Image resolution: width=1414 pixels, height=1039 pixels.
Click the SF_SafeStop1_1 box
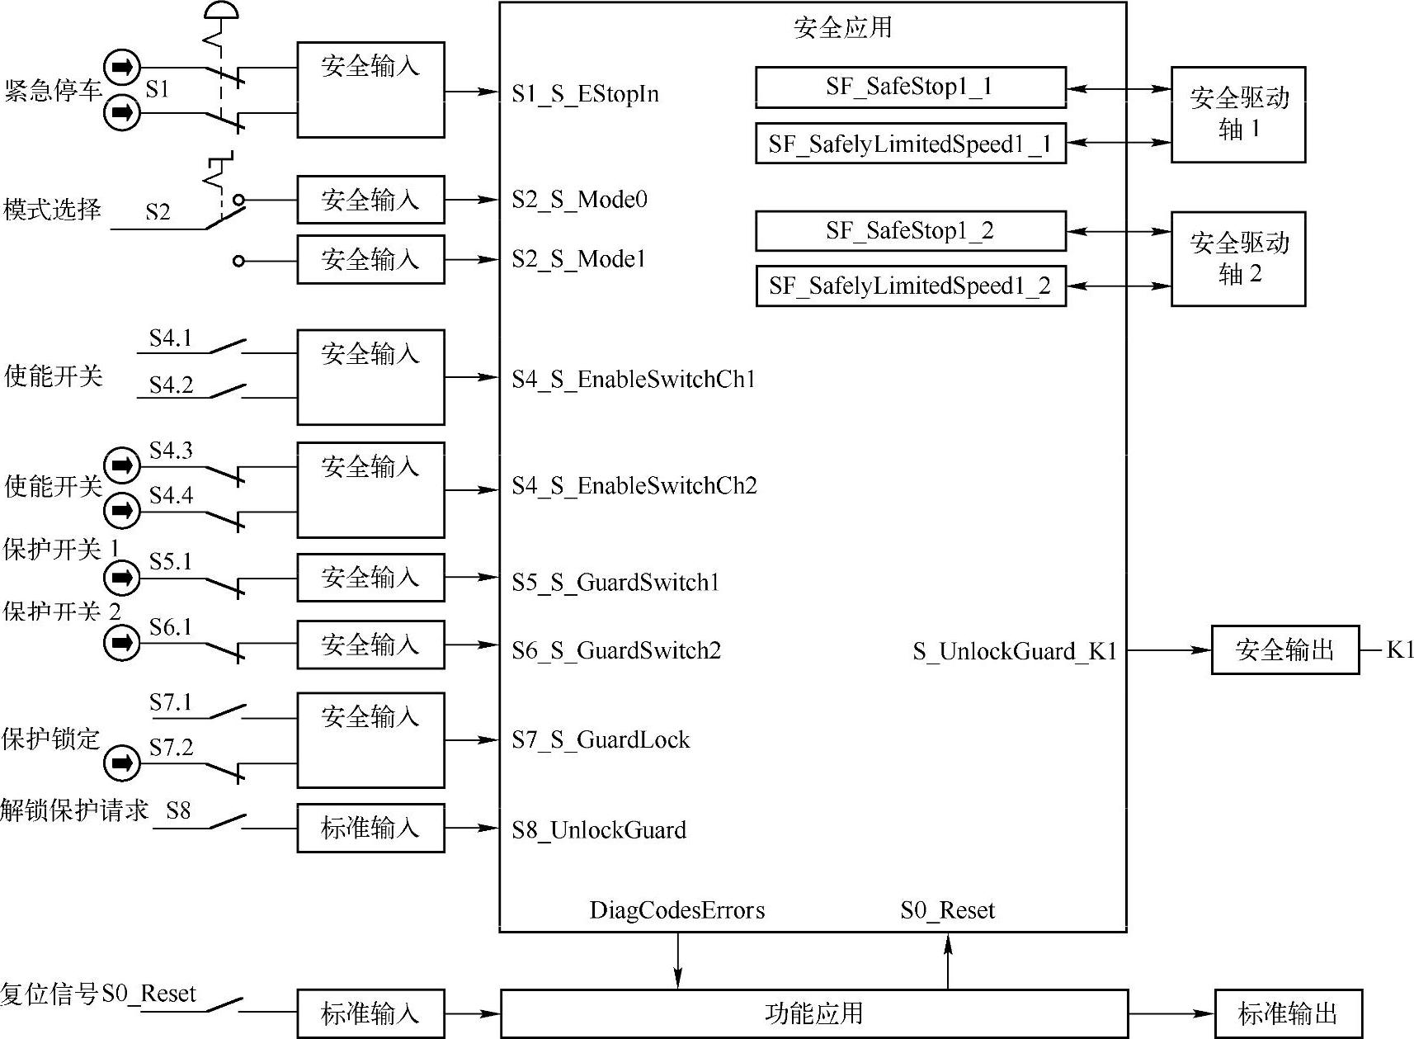(910, 87)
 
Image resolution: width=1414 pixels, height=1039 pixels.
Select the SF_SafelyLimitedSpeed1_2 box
(910, 286)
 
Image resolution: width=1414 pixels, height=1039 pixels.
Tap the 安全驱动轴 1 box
(1237, 114)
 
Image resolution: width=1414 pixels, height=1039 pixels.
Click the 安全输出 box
(1284, 650)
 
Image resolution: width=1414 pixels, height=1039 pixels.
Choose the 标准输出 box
(1287, 1013)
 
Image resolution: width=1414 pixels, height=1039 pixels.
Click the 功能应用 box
(813, 1013)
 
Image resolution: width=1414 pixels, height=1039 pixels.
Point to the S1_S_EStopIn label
(585, 94)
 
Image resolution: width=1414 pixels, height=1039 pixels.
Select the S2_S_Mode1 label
(578, 260)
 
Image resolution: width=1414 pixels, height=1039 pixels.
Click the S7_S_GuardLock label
(601, 739)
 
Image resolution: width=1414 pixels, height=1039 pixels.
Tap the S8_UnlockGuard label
(599, 830)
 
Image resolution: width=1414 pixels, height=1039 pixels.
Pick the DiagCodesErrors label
(676, 910)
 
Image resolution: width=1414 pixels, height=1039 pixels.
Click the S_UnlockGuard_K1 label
(1014, 651)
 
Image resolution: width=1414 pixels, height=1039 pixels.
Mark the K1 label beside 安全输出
(1400, 649)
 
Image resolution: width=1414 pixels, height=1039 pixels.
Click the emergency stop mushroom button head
(220, 10)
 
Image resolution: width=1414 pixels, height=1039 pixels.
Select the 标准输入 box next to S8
(370, 828)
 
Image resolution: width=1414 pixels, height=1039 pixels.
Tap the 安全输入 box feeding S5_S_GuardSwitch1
(370, 577)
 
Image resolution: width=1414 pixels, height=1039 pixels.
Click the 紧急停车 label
(53, 90)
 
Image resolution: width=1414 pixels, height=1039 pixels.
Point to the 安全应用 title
(842, 27)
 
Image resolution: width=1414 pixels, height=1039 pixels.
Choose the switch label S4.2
(171, 385)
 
